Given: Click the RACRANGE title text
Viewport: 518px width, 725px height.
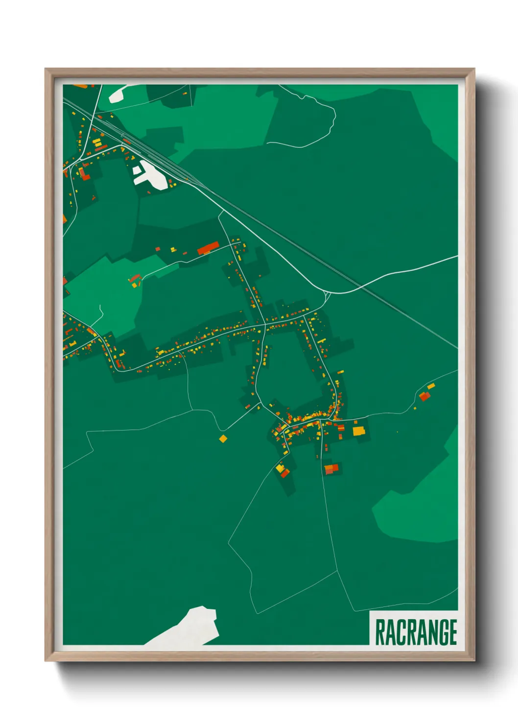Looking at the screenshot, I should (x=416, y=632).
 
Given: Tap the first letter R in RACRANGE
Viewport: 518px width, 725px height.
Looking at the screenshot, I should (x=379, y=632).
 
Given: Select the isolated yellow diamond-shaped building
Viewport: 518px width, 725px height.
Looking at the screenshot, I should (x=223, y=438).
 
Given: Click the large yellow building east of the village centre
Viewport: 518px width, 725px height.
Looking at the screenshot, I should (x=359, y=431).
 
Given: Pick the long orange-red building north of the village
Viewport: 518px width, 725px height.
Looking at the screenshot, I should (x=208, y=248).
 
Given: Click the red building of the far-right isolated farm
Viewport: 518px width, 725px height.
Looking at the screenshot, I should (x=424, y=396).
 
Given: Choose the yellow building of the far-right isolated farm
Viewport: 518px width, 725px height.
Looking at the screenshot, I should (x=431, y=387).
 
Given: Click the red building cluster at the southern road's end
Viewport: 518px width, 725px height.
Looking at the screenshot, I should (x=332, y=469).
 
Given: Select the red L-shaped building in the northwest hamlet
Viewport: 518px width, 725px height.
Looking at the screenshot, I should (x=84, y=174).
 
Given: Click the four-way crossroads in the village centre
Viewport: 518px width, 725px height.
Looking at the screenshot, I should (x=265, y=324).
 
